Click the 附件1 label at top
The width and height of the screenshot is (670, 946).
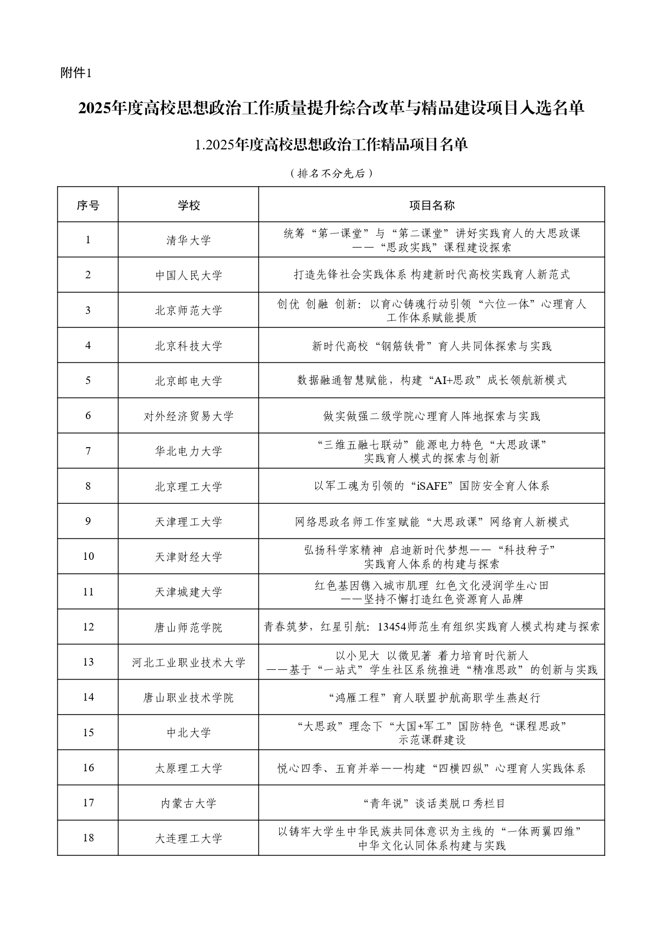pyautogui.click(x=76, y=73)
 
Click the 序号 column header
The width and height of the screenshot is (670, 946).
pyautogui.click(x=88, y=205)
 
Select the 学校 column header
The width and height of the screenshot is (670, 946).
pyautogui.click(x=188, y=205)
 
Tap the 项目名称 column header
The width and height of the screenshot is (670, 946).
pyautogui.click(x=431, y=205)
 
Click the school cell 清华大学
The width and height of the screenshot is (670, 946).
pyautogui.click(x=188, y=240)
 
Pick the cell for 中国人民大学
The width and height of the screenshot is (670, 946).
pyautogui.click(x=188, y=275)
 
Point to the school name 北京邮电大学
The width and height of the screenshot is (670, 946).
pyautogui.click(x=188, y=381)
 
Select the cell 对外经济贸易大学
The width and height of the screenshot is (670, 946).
pyautogui.click(x=188, y=416)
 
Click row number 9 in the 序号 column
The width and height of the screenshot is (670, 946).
pyautogui.click(x=88, y=521)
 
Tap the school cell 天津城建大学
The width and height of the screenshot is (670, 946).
pyautogui.click(x=188, y=592)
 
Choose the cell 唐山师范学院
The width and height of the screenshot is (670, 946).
pyautogui.click(x=188, y=627)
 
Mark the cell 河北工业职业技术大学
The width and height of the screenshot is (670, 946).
pyautogui.click(x=188, y=662)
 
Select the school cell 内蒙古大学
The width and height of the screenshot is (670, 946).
pyautogui.click(x=188, y=803)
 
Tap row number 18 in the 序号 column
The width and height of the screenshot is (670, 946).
pyautogui.click(x=88, y=838)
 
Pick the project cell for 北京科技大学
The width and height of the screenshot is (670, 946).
pyautogui.click(x=431, y=346)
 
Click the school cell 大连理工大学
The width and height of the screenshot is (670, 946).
pyautogui.click(x=188, y=838)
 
